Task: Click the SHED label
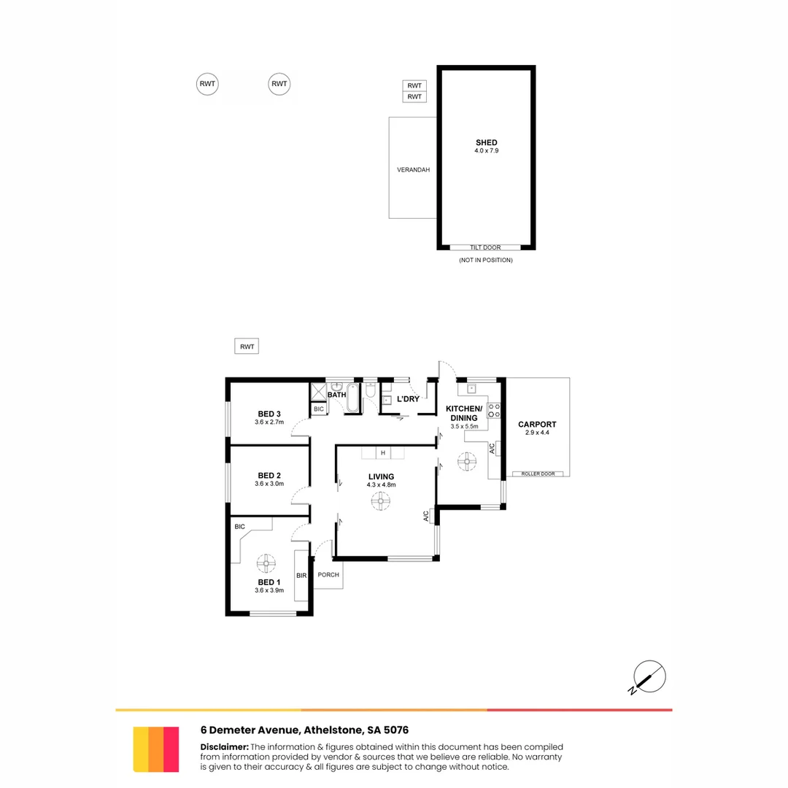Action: coord(487,143)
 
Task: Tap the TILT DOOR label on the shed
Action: coord(485,248)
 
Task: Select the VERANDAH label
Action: coord(413,170)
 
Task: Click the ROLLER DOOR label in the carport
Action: coord(538,474)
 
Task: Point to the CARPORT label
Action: coord(537,424)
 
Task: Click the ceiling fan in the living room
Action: coord(380,501)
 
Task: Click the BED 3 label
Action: coord(269,414)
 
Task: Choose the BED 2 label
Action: coord(269,476)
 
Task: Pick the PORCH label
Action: coord(328,575)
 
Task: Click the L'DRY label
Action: coord(408,399)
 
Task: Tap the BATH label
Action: coord(336,395)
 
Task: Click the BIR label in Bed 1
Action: coord(301,576)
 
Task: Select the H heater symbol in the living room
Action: coord(383,453)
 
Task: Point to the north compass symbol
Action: coord(649,676)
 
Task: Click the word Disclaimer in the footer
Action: coord(224,746)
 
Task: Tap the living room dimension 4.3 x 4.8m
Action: coord(381,484)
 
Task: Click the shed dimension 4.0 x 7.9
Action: coord(487,151)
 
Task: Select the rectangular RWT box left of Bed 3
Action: coord(247,347)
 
